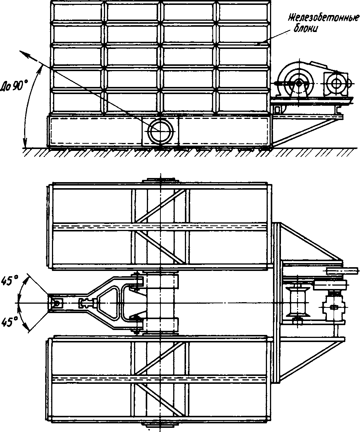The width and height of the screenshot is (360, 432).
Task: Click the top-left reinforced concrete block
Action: [x=77, y=12]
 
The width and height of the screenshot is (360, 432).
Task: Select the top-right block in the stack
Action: [x=243, y=12]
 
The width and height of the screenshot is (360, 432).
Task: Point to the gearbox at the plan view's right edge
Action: [x=332, y=307]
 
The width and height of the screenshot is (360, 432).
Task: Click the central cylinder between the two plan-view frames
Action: [x=160, y=303]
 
